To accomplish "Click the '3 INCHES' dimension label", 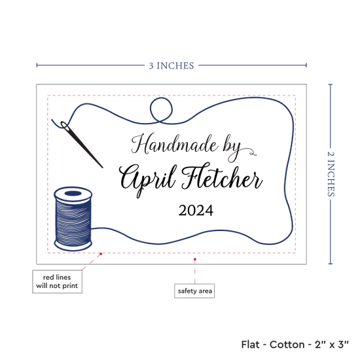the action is point(171,66).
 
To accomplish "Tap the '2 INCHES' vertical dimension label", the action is point(331,174).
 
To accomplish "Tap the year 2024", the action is point(196,210).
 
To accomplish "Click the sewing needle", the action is point(82,144).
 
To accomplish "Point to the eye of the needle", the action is point(64,126).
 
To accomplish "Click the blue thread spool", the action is point(73,219).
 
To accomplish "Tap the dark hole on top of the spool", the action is point(73,193).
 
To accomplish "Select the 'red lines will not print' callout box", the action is point(57,281).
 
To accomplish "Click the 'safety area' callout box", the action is point(194,291).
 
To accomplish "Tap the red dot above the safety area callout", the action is point(194,259).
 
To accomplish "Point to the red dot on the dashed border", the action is point(101,254).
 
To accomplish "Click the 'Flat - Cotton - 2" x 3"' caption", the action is point(295,344).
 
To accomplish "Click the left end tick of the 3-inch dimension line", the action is point(37,65).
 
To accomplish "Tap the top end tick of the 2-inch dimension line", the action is point(331,84).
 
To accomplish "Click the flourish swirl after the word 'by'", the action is point(249,152).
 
